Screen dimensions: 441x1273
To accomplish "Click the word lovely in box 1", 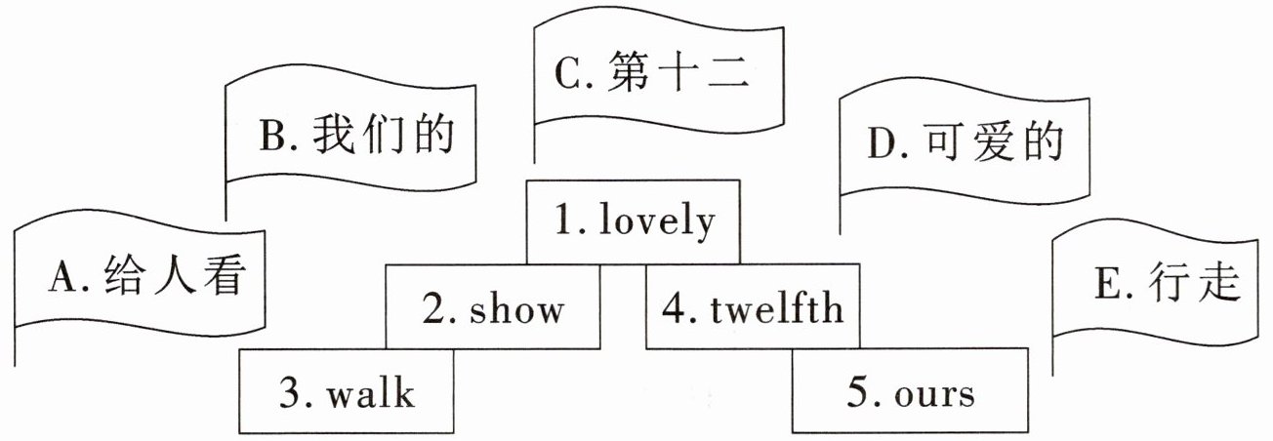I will click(657, 222).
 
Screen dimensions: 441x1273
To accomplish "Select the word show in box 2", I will click(517, 309).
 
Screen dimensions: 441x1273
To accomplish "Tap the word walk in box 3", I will click(371, 394).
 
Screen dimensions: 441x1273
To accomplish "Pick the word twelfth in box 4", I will click(777, 309).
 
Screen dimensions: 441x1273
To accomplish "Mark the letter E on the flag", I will click(1107, 285).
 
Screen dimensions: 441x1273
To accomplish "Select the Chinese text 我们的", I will click(384, 138).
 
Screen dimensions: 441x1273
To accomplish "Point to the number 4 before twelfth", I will click(672, 309).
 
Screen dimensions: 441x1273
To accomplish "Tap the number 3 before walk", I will click(289, 394).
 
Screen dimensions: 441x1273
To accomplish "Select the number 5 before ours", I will click(856, 393).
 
